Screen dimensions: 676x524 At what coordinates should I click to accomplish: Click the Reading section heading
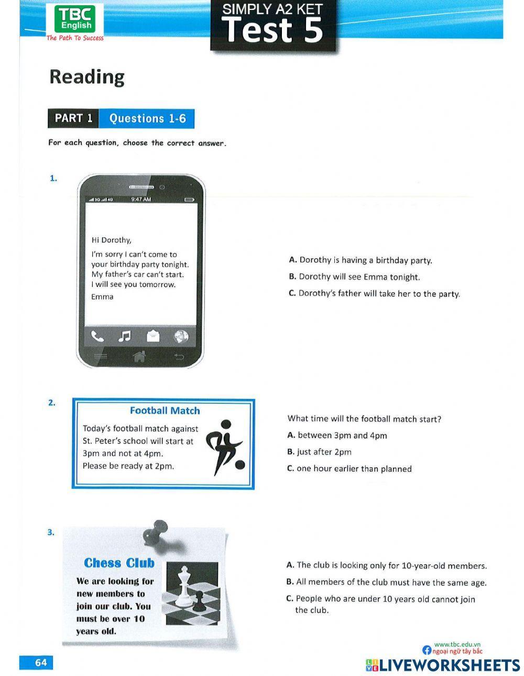(x=87, y=76)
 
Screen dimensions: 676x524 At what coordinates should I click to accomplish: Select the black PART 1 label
(x=73, y=118)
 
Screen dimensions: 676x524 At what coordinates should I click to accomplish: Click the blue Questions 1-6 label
(x=147, y=119)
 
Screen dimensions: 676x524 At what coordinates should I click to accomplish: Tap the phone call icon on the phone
(x=97, y=336)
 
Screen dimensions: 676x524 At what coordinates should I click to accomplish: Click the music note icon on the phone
(x=125, y=336)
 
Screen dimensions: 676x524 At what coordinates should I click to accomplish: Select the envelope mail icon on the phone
(x=152, y=336)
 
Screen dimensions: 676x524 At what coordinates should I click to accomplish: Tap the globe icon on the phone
(x=181, y=337)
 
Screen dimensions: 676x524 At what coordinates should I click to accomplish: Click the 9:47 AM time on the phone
(x=141, y=200)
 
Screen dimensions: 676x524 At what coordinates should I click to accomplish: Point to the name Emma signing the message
(x=102, y=297)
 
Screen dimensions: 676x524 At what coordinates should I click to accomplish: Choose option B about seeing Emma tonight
(x=354, y=277)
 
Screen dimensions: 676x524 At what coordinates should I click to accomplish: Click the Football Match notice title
(x=165, y=411)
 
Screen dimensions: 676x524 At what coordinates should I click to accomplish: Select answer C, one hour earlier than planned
(x=350, y=469)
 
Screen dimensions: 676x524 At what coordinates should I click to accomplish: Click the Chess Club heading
(x=119, y=563)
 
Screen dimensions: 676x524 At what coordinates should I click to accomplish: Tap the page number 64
(x=40, y=662)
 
